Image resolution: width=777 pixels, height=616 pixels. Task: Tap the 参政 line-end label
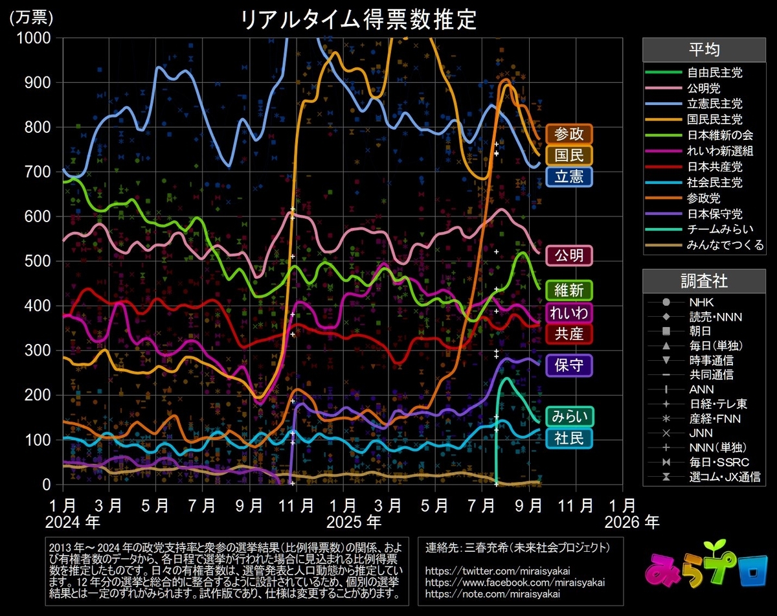569,134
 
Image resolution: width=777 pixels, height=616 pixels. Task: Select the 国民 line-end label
569,155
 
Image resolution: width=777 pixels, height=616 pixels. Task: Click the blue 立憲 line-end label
569,176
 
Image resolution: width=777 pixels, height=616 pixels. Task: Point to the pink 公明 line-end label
569,255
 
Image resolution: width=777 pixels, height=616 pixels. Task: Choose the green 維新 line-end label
569,290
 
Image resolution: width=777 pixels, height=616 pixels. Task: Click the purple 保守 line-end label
569,365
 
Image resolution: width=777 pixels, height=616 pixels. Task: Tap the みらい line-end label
569,416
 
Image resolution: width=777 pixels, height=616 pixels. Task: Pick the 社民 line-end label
569,439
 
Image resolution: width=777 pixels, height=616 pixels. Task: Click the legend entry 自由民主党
715,73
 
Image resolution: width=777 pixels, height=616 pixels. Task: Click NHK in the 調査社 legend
701,302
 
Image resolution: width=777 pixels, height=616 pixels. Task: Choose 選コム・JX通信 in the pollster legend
724,477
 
